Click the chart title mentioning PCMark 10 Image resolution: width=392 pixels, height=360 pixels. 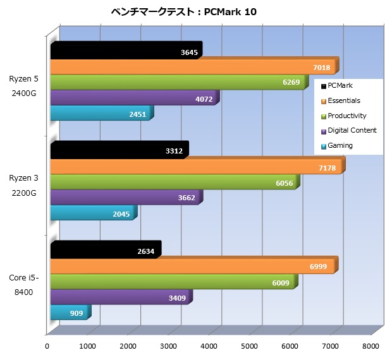(184, 11)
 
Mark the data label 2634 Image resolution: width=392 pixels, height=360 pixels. (145, 251)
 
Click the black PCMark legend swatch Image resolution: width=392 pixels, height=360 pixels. (324, 86)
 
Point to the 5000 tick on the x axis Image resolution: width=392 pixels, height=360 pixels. (250, 345)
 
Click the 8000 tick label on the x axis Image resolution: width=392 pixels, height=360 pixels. (371, 345)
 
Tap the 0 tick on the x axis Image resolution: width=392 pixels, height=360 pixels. (47, 345)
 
